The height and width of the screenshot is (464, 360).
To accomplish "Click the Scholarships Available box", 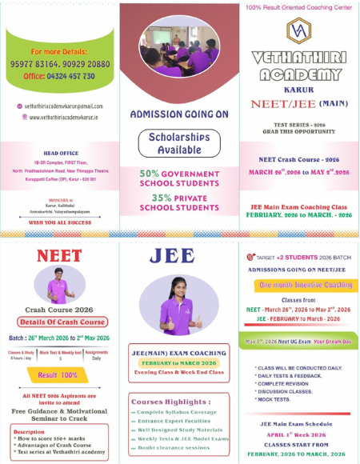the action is tap(179, 144).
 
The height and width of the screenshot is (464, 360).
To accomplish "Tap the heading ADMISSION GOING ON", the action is tap(179, 114).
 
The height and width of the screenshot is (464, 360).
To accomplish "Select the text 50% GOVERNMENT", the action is tap(179, 173).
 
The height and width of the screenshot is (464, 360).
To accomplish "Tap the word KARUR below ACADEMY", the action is tap(298, 90).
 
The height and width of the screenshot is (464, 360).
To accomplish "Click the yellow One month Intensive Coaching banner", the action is tap(300, 285).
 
